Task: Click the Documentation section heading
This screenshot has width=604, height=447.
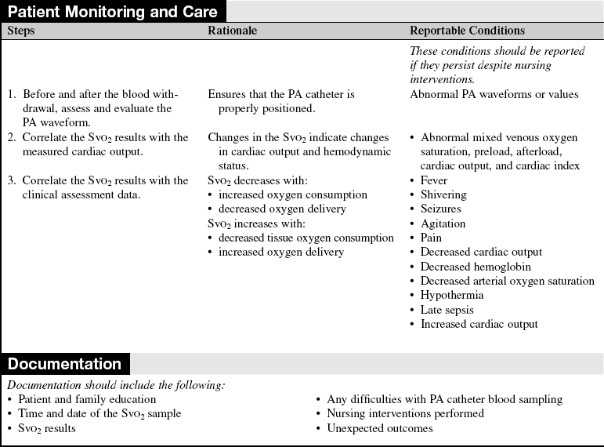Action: click(x=64, y=364)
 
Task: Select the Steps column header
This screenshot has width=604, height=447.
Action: click(x=21, y=31)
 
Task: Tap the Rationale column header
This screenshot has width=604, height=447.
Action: click(x=232, y=31)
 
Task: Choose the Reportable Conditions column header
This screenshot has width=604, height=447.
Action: click(x=467, y=31)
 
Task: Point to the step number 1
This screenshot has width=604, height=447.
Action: click(x=11, y=94)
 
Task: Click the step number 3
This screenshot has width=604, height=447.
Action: click(x=11, y=180)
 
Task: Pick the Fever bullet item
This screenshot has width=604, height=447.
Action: click(x=435, y=180)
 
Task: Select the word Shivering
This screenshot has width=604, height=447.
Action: click(x=444, y=194)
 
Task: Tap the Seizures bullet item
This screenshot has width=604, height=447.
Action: click(x=441, y=209)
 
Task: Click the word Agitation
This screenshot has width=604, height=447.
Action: click(x=443, y=223)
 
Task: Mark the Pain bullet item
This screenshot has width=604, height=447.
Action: click(x=431, y=238)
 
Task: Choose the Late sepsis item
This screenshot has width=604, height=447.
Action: click(x=447, y=310)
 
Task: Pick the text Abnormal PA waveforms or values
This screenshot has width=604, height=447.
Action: click(x=494, y=94)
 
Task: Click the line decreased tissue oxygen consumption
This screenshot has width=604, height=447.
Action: click(x=306, y=238)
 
